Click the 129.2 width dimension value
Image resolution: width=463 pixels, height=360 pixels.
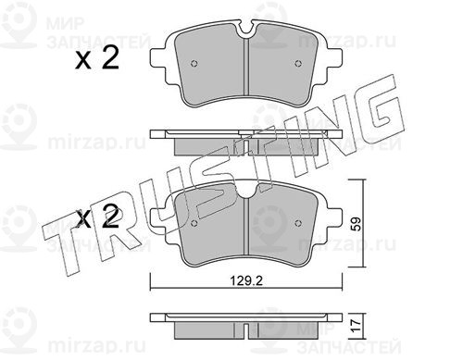246,280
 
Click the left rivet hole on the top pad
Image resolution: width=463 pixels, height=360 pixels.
194,64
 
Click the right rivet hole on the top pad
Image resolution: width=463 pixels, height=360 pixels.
298,64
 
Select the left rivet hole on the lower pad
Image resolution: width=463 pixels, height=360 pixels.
194,223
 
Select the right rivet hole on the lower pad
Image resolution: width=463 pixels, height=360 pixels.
298,223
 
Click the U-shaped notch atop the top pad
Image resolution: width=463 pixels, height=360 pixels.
246,31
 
